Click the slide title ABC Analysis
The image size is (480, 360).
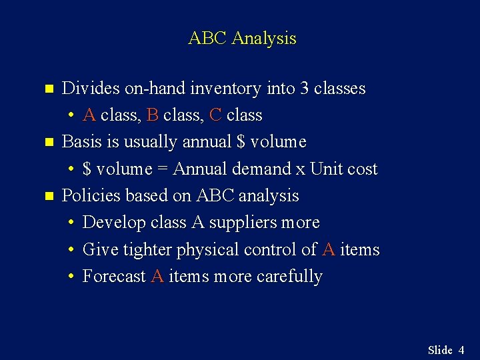242,38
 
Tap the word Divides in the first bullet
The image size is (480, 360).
87,88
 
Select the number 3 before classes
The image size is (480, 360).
305,88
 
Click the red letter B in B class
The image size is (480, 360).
152,115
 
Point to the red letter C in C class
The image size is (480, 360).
215,115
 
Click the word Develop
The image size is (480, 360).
106,223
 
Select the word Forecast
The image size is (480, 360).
113,277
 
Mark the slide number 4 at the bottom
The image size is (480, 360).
461,350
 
